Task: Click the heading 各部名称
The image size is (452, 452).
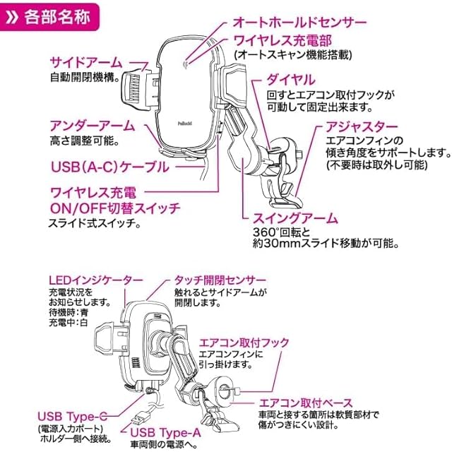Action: coord(59,16)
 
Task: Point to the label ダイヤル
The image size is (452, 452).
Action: coord(291,80)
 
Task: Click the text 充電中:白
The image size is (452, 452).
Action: coord(69,324)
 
